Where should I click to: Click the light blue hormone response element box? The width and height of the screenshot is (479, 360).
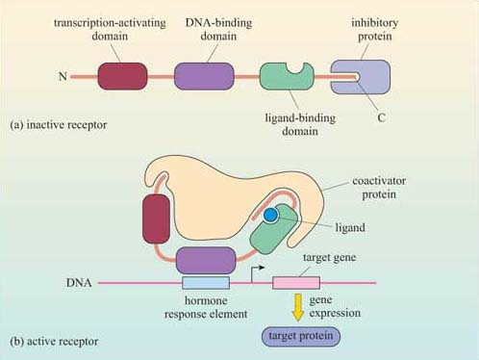point(205,282)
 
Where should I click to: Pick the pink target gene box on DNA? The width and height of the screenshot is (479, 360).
point(296,282)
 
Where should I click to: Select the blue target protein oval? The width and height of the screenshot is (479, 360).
point(298,338)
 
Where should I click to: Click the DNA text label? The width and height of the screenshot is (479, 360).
point(80,282)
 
